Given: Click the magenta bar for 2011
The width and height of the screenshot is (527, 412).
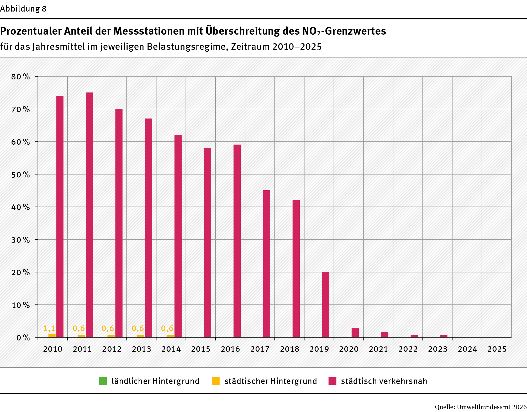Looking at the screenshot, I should pos(89,215).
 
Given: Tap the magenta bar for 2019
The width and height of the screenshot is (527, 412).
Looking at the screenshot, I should pos(325,305).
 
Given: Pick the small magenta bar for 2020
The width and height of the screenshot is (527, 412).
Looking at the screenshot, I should pos(355,333).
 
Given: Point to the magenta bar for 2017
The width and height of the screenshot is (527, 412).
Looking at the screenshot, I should pos(266,263).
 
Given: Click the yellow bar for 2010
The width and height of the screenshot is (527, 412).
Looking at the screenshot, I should pos(52,335).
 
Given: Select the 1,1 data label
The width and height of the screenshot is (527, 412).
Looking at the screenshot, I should pos(49,328).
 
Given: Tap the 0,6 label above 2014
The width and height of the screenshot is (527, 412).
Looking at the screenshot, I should pos(167,328).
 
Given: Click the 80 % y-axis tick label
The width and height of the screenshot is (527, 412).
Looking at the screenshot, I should pos(20,77).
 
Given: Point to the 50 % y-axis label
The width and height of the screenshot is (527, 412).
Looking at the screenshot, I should pos(20,175).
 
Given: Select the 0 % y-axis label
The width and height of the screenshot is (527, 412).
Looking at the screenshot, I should pos(23,338).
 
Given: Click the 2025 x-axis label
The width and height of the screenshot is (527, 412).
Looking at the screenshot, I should pos(497,349).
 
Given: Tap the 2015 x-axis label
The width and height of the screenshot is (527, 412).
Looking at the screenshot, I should pos(201,349).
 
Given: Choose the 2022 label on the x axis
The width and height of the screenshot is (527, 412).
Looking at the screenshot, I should pos(408,349).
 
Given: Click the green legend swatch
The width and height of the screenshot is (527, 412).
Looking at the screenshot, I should pos(103,381).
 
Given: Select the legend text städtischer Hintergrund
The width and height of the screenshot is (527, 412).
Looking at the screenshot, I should pos(271,381).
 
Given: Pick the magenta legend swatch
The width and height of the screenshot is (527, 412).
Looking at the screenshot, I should pos(332,381).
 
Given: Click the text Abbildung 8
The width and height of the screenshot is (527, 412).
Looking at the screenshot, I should pos(23,9).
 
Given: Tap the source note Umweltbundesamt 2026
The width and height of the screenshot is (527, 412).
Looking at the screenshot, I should pos(492,407).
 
